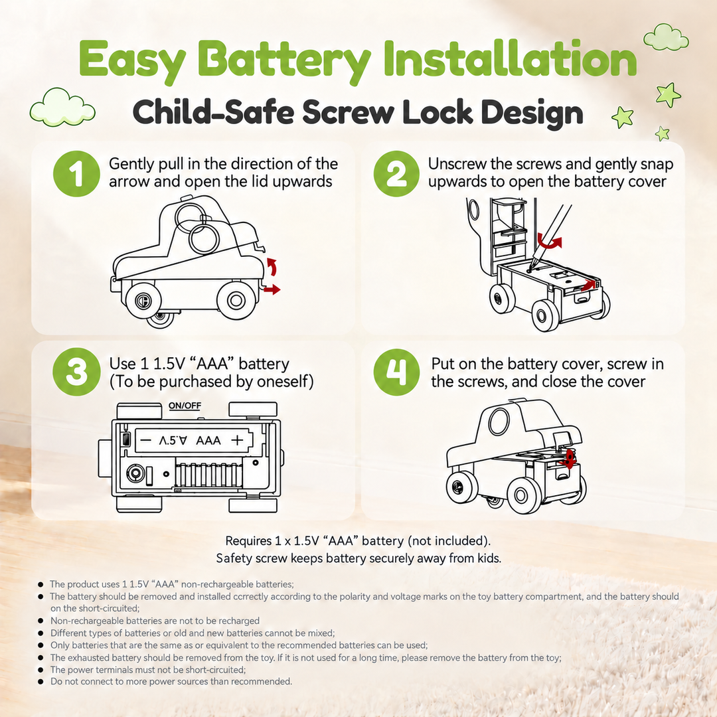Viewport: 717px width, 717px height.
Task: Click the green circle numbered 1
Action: click(x=76, y=174)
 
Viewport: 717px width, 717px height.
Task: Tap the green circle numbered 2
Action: click(x=396, y=174)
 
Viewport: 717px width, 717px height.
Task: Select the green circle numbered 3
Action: click(x=76, y=372)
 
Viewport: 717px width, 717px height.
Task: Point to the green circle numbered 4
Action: click(x=396, y=372)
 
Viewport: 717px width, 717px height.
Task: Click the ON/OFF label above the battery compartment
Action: click(x=185, y=406)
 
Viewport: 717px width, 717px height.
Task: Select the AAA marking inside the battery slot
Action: click(x=208, y=440)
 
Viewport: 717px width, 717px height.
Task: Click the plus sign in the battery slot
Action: click(x=237, y=440)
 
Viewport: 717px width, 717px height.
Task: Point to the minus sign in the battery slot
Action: click(x=145, y=440)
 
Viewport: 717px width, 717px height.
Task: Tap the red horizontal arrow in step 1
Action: click(x=272, y=289)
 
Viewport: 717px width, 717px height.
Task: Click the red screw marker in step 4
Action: click(x=568, y=459)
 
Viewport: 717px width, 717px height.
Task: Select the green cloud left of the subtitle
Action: click(x=62, y=108)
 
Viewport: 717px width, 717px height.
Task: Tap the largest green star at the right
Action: click(x=668, y=94)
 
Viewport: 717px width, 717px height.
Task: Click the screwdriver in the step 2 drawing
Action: click(x=550, y=237)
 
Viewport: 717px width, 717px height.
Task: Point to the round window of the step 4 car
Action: click(x=499, y=421)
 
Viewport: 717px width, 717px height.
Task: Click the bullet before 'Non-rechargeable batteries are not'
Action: click(x=40, y=621)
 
